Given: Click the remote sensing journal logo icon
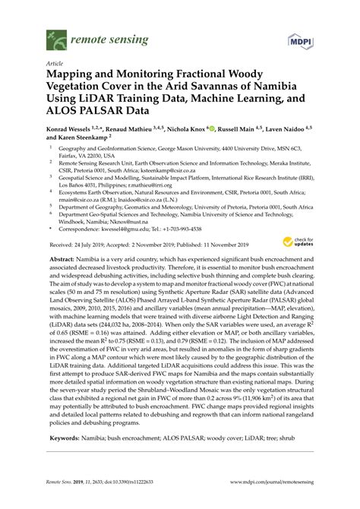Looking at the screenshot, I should tap(55, 35).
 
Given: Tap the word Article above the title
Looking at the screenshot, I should tap(55, 64).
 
